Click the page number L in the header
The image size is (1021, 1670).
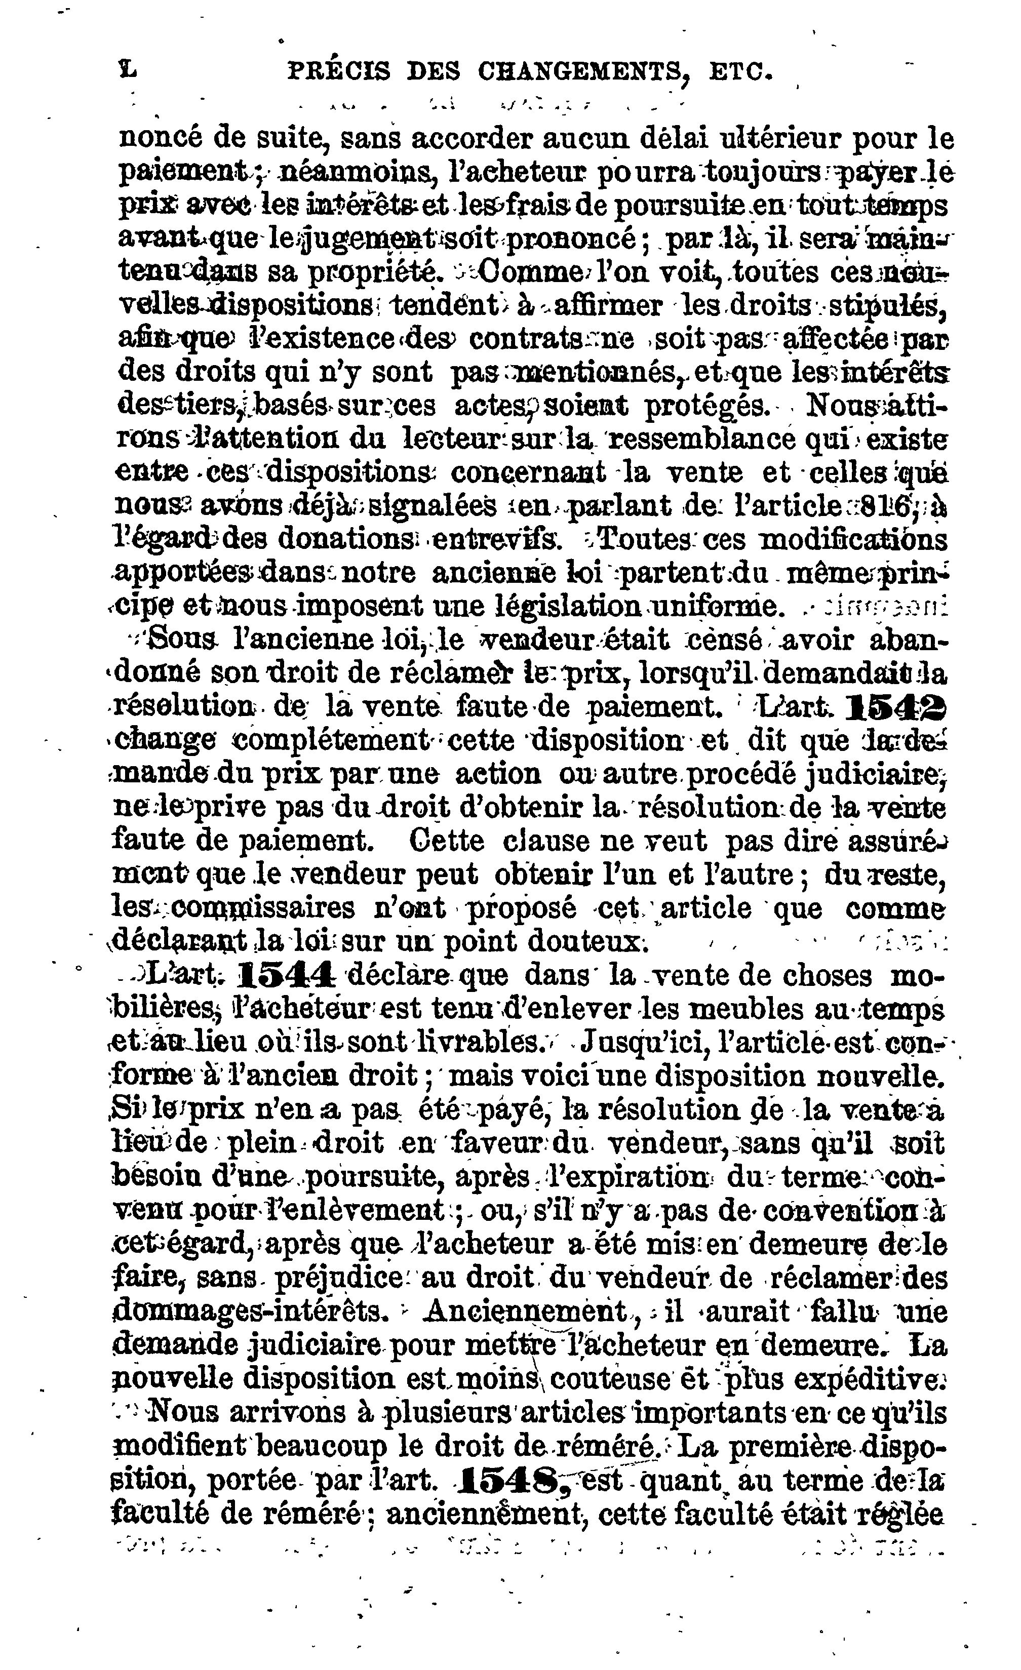pyautogui.click(x=127, y=69)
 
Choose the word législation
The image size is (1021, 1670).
pyautogui.click(x=563, y=605)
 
